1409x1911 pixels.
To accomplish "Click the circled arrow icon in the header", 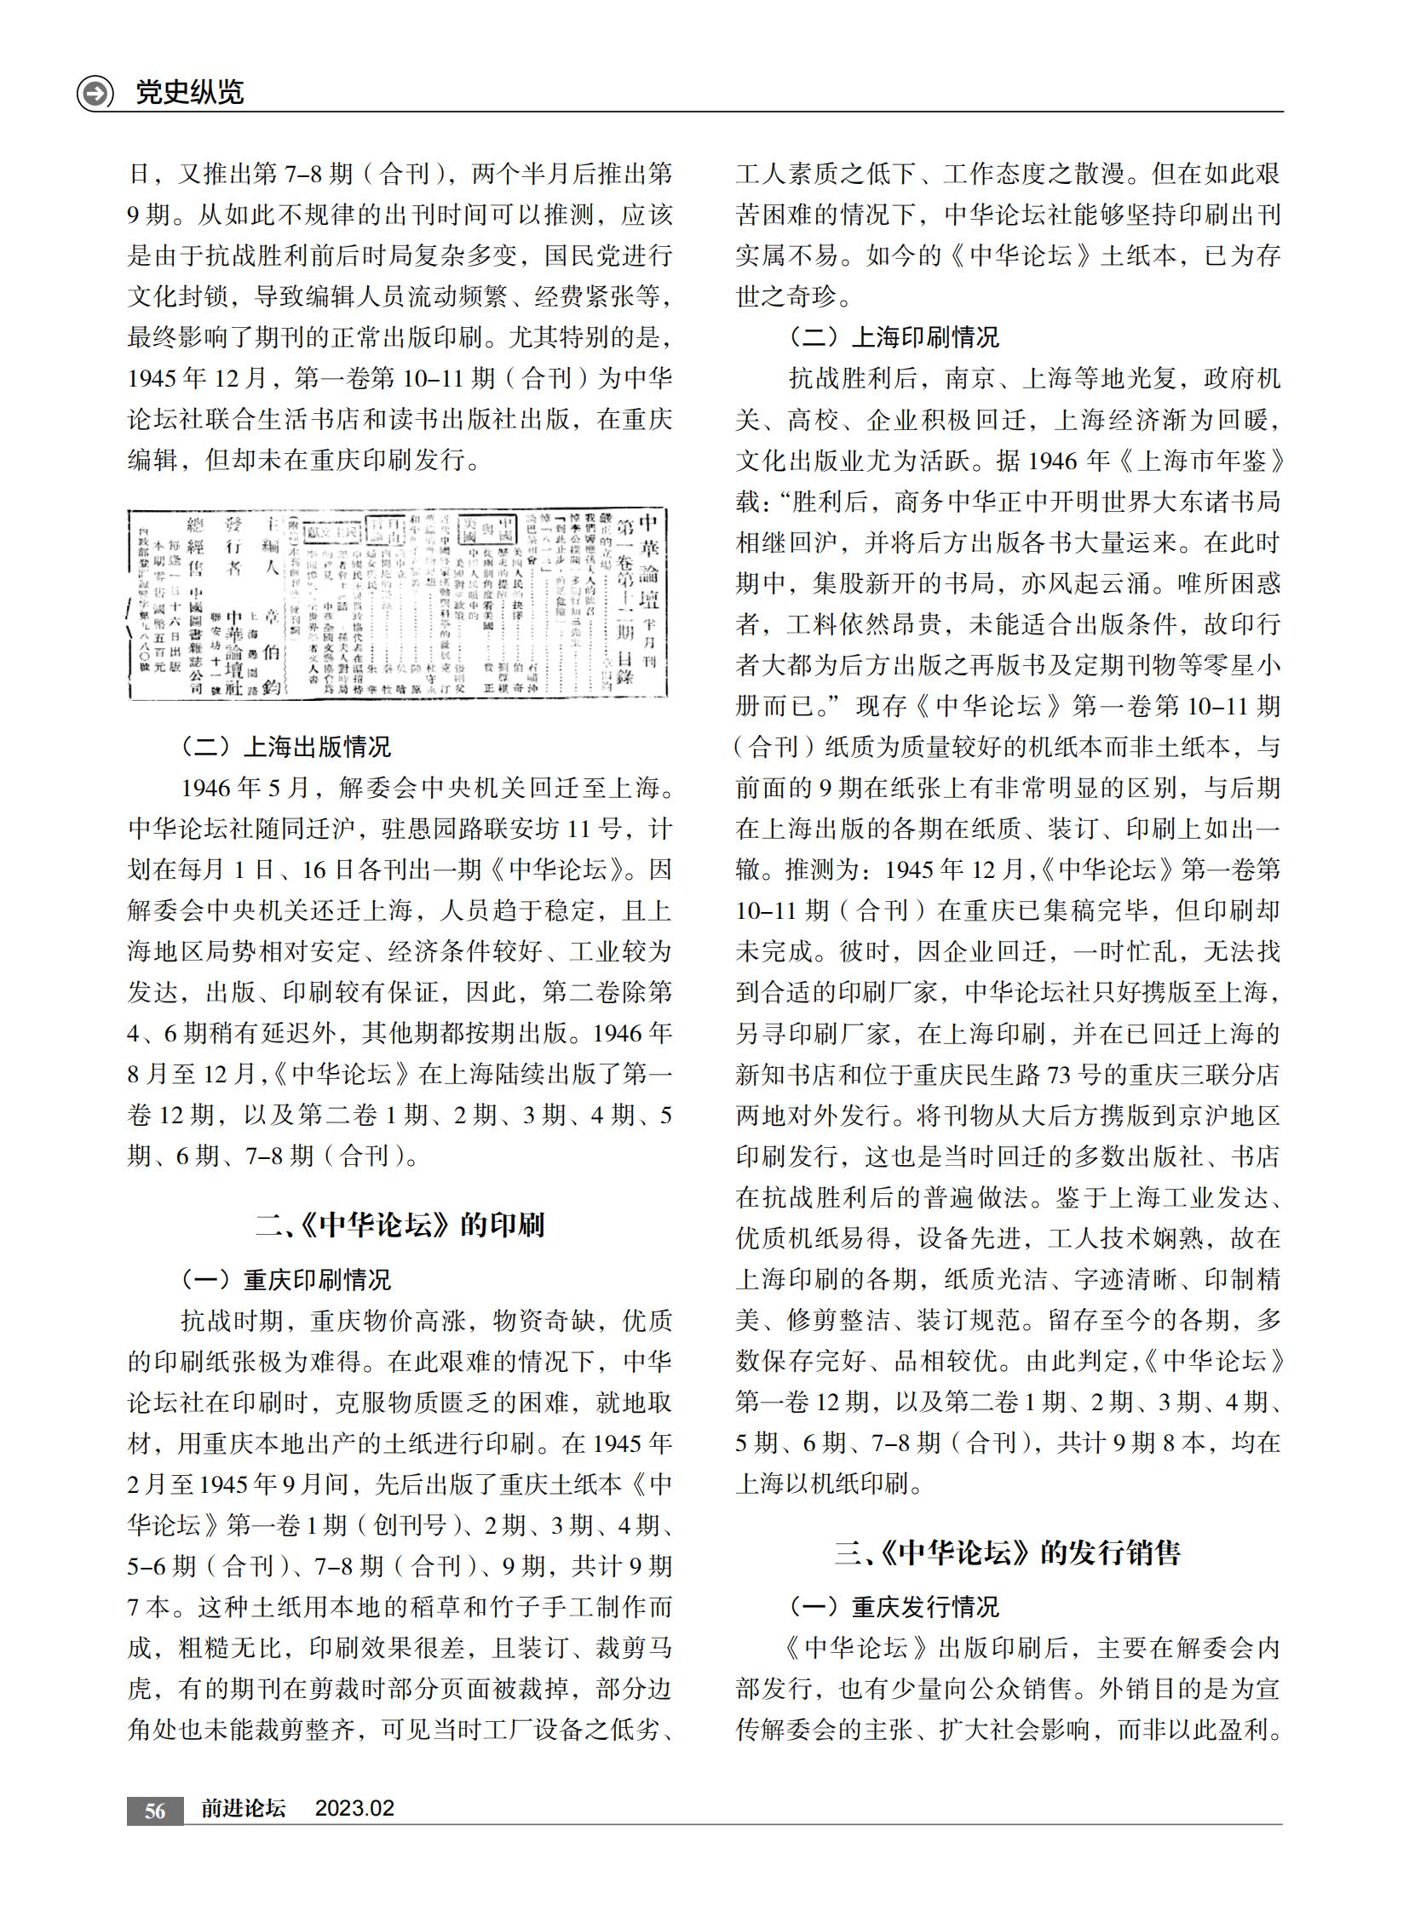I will (95, 92).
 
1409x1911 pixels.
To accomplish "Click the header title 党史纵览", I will (189, 92).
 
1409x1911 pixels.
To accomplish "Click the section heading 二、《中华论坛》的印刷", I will (400, 1225).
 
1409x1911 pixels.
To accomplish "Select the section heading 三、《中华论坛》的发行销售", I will (1007, 1552).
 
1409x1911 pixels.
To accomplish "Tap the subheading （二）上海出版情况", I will (285, 747).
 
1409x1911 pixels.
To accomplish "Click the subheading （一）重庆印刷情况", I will (285, 1279).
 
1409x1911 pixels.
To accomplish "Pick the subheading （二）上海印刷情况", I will (894, 337).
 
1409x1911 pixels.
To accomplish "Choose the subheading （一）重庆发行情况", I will (894, 1607).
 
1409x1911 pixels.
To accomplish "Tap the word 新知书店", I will (787, 1075).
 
